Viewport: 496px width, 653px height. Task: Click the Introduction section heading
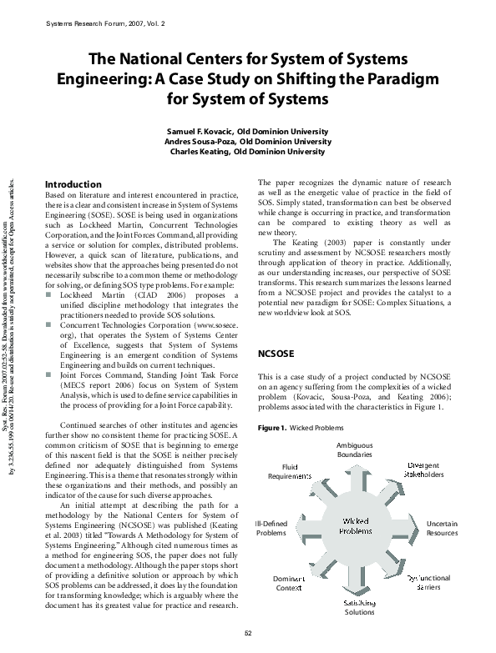[x=72, y=183]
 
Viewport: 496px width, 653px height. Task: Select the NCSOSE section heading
[x=276, y=354]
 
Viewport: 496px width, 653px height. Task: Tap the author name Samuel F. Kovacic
[x=200, y=132]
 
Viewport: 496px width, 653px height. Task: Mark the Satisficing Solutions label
[x=360, y=607]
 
